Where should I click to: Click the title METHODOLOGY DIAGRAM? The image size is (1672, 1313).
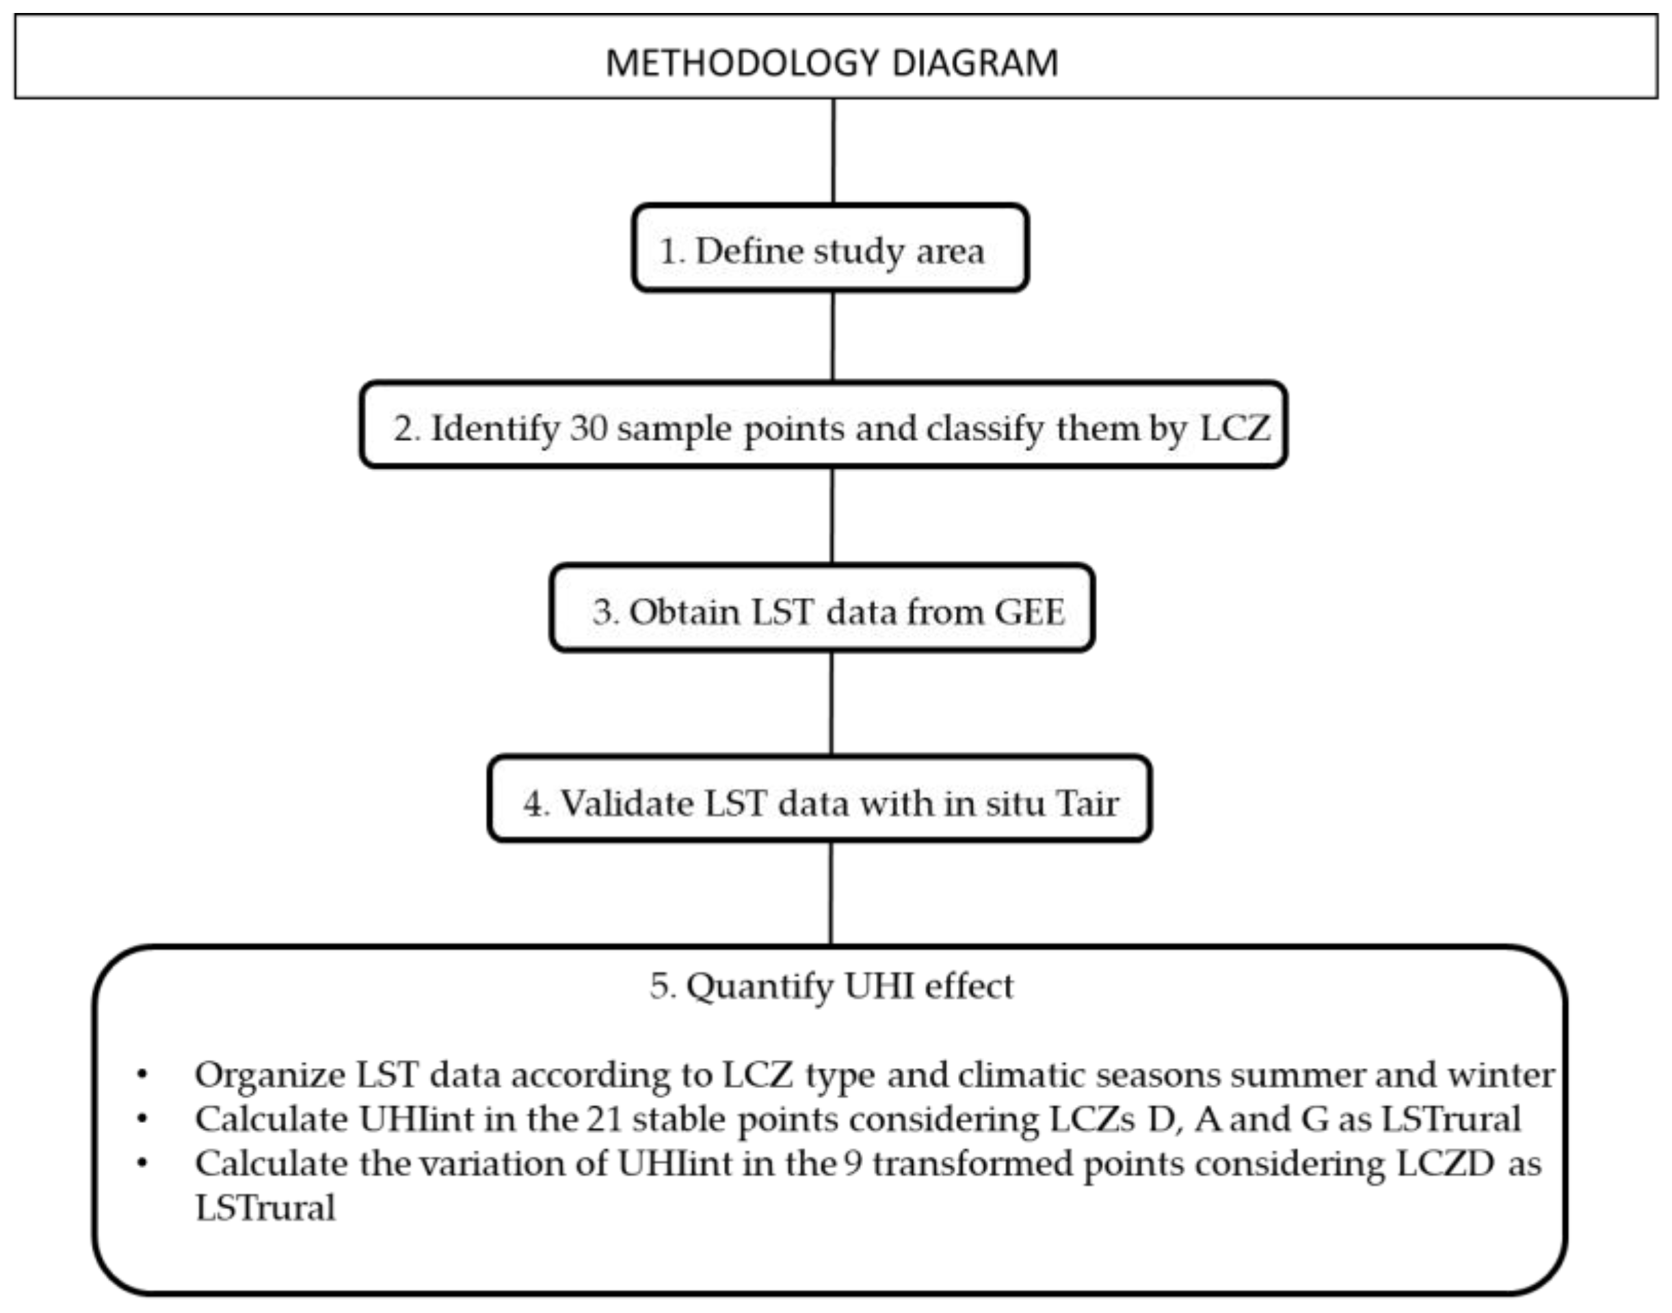click(x=832, y=63)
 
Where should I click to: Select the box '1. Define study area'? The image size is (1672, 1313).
click(x=830, y=249)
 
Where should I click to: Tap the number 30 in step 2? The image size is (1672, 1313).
click(x=589, y=427)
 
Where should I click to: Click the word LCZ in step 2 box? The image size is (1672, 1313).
click(x=1234, y=427)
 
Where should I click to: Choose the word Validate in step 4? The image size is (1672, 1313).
click(x=626, y=804)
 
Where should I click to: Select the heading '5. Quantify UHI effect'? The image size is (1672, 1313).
click(x=832, y=986)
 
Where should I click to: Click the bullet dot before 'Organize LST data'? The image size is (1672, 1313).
click(x=142, y=1075)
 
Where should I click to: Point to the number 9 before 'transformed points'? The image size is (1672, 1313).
click(x=853, y=1164)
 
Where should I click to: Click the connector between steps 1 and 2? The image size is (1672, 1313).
click(x=832, y=336)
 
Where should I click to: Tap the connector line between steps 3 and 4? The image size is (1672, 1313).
click(x=831, y=704)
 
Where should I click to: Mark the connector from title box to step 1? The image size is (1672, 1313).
click(x=834, y=151)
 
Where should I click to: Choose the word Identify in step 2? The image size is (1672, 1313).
click(x=495, y=427)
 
